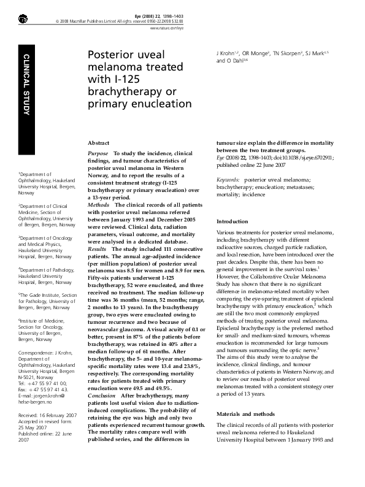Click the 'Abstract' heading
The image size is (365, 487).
pyautogui.click(x=99, y=142)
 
